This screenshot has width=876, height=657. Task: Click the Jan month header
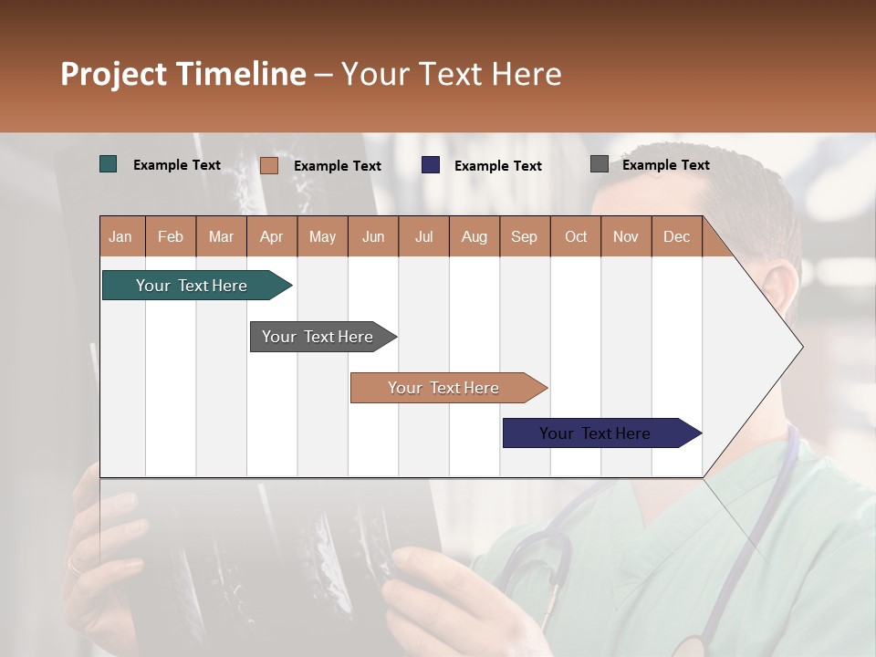[120, 236]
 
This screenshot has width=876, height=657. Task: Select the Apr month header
[271, 236]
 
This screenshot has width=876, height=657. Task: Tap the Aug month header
[474, 236]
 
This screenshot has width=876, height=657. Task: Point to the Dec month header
[676, 236]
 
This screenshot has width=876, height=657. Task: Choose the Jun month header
[372, 236]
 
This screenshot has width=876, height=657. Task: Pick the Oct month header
[575, 236]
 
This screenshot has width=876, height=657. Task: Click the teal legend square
[109, 164]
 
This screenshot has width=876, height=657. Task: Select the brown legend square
[268, 165]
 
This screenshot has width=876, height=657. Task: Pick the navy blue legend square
[431, 165]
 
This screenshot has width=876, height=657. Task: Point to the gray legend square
[600, 164]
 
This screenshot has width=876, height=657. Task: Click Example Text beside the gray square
[665, 164]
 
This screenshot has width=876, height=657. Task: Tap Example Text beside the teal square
[177, 164]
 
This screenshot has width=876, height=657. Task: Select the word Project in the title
[113, 74]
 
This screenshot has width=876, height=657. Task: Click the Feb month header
[171, 236]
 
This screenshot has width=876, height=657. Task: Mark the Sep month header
[524, 236]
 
